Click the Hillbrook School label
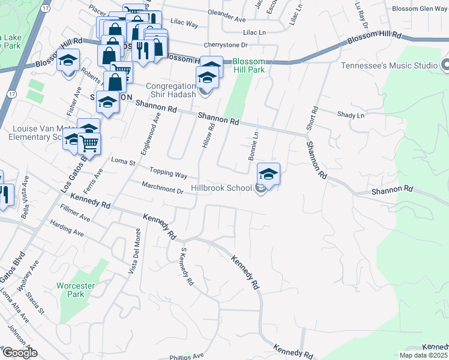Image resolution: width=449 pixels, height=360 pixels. [x=221, y=188]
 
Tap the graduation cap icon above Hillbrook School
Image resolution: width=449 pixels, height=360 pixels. [x=269, y=175]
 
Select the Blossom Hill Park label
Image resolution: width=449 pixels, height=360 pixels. [x=249, y=65]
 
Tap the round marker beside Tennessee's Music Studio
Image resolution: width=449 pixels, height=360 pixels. [x=445, y=65]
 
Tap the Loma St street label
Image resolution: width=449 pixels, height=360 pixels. [x=124, y=161]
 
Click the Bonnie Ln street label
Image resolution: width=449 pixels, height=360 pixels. [x=253, y=145]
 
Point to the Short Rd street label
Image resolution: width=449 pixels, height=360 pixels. [x=313, y=118]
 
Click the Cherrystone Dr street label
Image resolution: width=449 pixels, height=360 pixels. [x=226, y=45]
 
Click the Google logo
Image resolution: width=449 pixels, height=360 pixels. [x=20, y=353]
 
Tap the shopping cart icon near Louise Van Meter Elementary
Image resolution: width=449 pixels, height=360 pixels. [x=89, y=144]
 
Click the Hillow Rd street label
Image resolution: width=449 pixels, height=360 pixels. [x=211, y=137]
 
